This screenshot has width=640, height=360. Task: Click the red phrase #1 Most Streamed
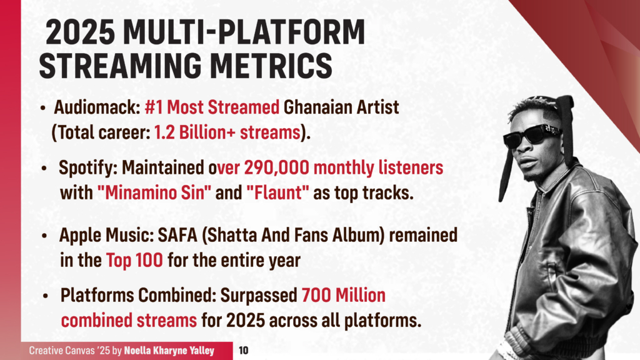(212, 107)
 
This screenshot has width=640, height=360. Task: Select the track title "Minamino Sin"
(155, 192)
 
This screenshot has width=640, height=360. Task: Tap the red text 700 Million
(343, 296)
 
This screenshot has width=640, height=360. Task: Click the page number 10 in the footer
(244, 351)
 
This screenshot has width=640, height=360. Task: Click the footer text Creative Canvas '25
(70, 351)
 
